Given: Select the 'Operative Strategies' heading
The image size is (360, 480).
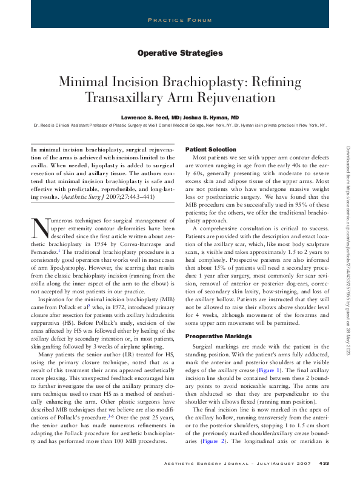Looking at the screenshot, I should [180, 53].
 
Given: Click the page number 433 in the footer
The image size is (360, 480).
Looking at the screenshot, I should [324, 464].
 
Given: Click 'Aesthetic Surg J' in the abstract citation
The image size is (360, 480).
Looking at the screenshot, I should [97, 197].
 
